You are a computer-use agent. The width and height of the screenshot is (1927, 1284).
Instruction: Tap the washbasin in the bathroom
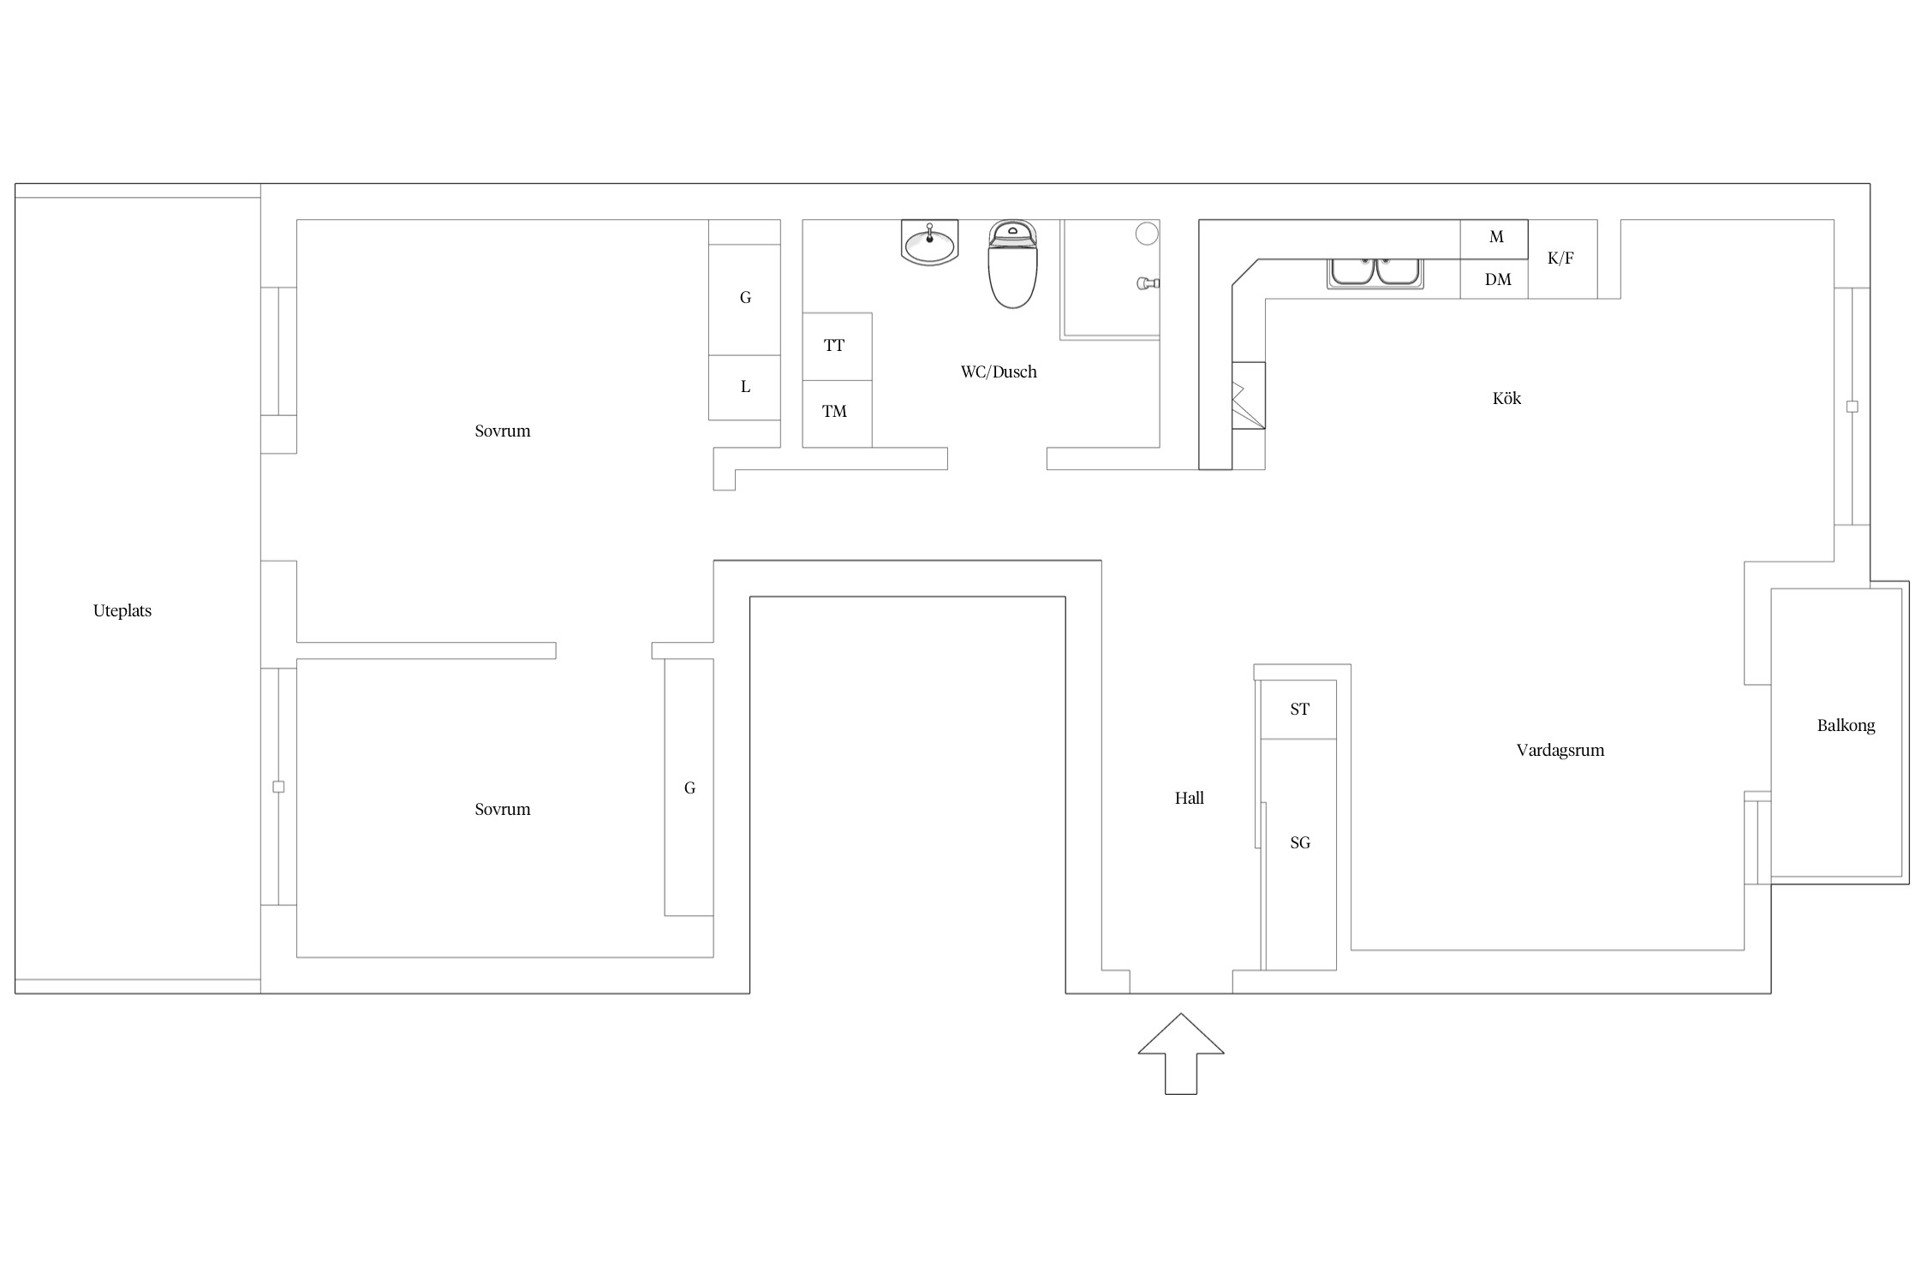929,242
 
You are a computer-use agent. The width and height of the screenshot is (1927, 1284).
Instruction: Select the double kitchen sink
1375,273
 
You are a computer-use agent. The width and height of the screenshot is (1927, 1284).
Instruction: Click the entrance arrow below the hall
1181,1054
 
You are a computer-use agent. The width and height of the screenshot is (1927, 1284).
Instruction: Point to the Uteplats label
122,610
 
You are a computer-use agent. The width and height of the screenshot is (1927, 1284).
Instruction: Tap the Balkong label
1846,725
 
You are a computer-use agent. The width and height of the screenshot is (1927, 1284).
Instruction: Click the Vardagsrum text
1560,750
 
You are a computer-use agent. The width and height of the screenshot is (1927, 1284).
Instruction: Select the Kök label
1506,398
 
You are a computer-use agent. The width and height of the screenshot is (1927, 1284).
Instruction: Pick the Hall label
1189,798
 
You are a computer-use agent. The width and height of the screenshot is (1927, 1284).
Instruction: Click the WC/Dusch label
999,372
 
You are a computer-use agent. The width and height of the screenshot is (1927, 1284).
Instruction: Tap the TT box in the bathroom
837,347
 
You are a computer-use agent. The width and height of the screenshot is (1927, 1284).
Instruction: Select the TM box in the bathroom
837,413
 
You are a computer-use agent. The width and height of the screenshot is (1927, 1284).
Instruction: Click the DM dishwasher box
1494,279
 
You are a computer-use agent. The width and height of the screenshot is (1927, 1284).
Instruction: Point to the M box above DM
1494,240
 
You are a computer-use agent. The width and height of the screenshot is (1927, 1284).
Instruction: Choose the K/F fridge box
1562,259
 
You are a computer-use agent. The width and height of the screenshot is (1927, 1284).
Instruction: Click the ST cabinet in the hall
1298,710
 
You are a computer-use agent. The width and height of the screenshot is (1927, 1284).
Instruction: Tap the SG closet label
1300,843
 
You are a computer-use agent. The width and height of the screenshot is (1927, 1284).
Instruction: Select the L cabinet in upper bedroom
744,388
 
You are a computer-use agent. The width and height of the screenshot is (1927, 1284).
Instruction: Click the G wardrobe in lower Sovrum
689,788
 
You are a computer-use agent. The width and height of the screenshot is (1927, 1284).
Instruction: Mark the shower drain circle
1147,233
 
